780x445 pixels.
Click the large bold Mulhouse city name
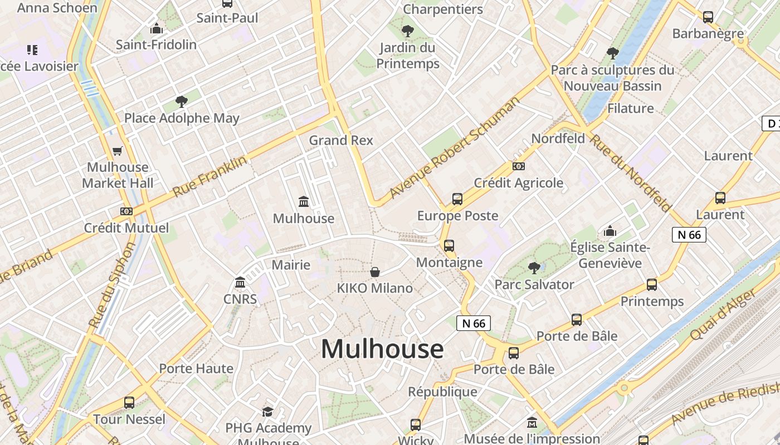pos(382,349)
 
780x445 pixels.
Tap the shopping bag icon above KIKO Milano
pos(375,272)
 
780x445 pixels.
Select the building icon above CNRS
pos(240,283)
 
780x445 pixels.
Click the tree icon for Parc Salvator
pos(534,268)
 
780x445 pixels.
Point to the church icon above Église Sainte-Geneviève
pos(610,231)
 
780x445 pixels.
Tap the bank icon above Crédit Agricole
pos(518,166)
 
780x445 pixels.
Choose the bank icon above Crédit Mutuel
pos(126,211)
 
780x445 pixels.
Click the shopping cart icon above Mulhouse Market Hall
pos(118,151)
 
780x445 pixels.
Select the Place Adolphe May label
pos(182,118)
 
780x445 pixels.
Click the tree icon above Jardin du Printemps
pos(408,31)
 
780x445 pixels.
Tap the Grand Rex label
pos(341,140)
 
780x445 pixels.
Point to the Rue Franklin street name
pos(209,176)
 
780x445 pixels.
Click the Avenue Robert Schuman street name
pos(455,148)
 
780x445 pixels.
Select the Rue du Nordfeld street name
pos(631,173)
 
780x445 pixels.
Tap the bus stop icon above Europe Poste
pos(457,199)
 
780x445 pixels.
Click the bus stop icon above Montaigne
pos(449,245)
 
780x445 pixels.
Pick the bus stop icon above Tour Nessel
pos(129,403)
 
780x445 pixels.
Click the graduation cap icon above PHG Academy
pos(268,412)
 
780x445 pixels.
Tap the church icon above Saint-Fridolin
pos(157,28)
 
